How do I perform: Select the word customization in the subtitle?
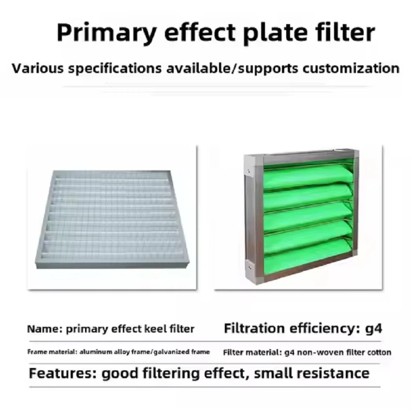pyautogui.click(x=351, y=68)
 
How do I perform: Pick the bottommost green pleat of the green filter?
pyautogui.click(x=307, y=257)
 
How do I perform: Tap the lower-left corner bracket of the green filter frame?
pyautogui.click(x=249, y=265)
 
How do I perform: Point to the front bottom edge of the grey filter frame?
pyautogui.click(x=111, y=264)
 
